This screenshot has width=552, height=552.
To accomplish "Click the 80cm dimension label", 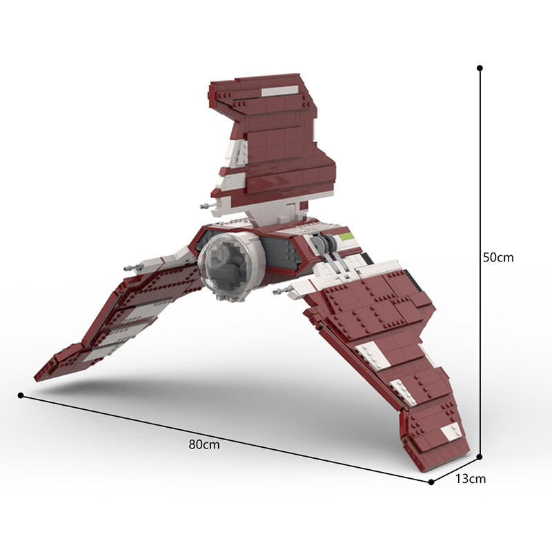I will (204, 445).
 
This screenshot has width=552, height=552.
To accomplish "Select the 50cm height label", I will (498, 257).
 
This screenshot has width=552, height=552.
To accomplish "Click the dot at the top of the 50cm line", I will (480, 68).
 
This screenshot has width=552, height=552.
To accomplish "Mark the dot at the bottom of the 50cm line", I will (480, 456).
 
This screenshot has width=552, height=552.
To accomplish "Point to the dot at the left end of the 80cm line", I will (21, 395).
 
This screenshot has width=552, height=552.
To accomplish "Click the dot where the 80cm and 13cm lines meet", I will (431, 482).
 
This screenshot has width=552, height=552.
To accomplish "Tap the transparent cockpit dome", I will (224, 266).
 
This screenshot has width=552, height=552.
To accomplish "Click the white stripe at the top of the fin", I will (279, 90).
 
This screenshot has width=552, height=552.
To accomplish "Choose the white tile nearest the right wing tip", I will (451, 431).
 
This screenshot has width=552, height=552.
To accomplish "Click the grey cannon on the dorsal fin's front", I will (205, 206).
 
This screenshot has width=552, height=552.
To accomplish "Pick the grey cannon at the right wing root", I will (281, 291).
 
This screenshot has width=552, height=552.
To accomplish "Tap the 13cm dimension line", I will (455, 469).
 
